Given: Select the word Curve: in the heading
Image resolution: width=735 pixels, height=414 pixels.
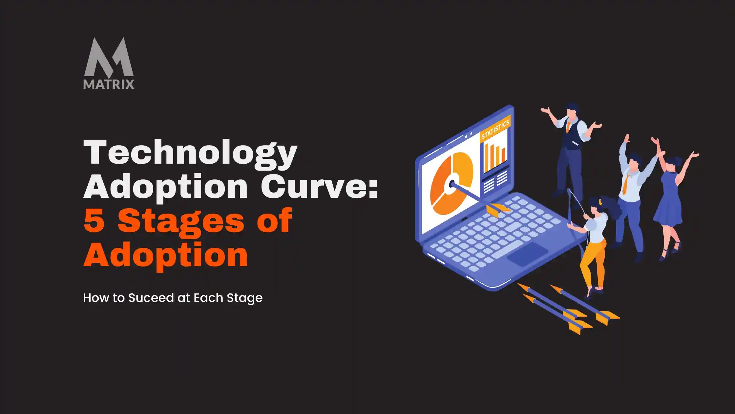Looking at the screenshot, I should [319, 187].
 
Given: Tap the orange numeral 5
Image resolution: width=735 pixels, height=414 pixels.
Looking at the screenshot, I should [94, 221].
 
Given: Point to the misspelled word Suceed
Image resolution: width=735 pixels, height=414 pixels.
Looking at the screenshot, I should [151, 298].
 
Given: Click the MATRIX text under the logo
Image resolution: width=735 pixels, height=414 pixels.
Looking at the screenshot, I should [109, 84].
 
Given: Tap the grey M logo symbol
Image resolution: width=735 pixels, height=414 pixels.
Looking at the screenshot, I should [109, 57].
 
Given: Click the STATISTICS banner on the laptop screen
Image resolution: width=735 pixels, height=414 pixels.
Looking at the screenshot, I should [495, 128].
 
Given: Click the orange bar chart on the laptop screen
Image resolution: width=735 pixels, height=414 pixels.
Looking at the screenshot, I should [495, 156].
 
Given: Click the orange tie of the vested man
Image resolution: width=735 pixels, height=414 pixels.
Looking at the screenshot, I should [568, 126].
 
